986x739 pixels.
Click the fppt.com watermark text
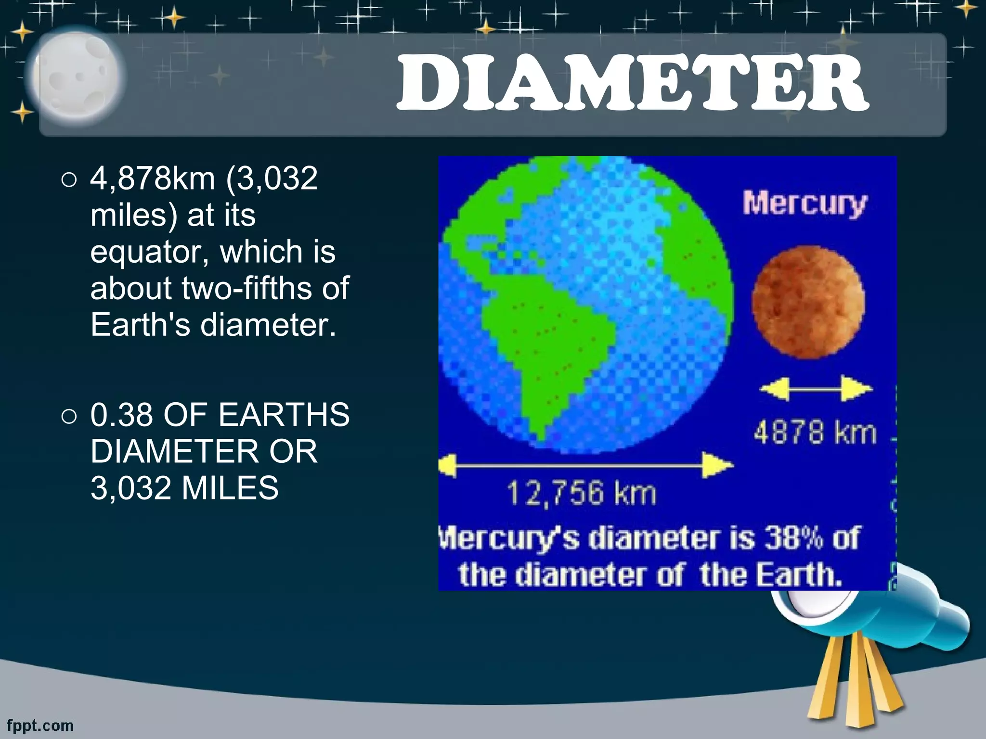click(40, 725)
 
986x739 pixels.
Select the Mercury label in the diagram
click(804, 204)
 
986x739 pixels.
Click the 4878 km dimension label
click(815, 432)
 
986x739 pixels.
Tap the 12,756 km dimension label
click(581, 494)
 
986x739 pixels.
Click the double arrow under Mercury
click(816, 388)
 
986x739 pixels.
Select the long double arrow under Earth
click(586, 466)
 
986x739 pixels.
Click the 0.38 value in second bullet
click(123, 414)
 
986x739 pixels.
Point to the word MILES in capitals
click(230, 488)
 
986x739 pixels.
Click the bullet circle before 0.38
click(69, 416)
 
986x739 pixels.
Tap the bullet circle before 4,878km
click(69, 180)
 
